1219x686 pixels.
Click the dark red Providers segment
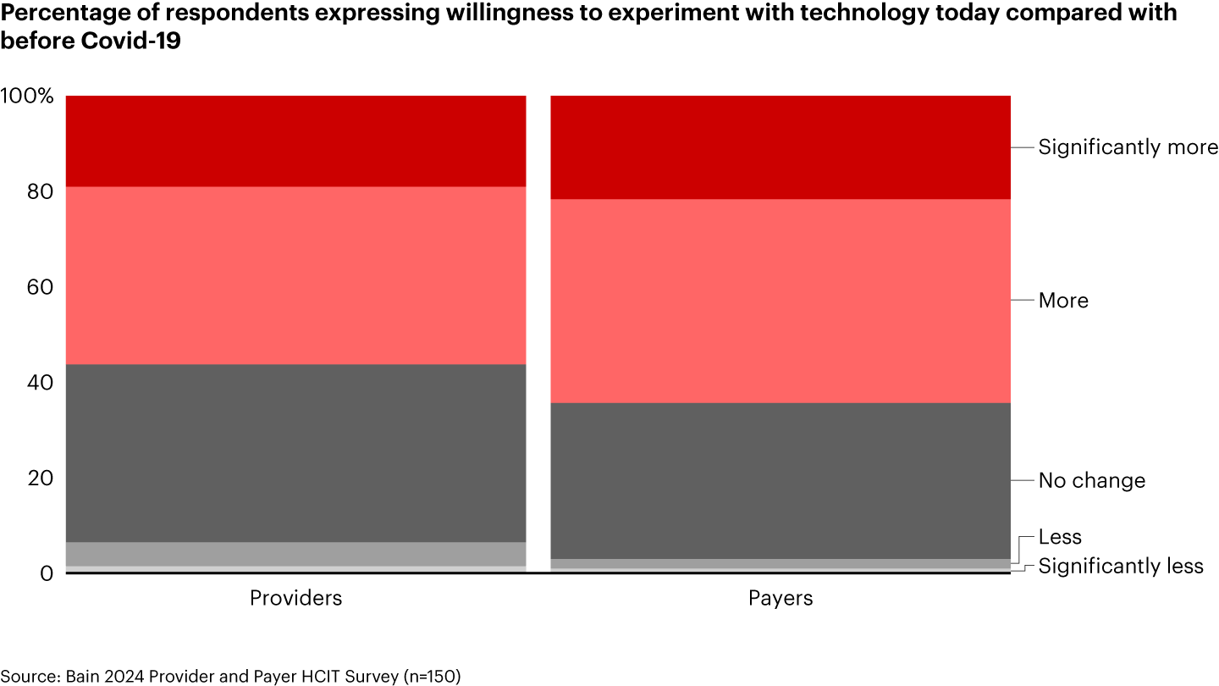click(x=295, y=141)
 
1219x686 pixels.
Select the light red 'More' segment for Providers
click(x=295, y=275)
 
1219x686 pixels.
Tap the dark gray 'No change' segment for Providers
click(x=295, y=453)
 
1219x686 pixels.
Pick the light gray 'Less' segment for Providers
click(x=295, y=554)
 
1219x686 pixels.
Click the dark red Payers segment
click(x=780, y=147)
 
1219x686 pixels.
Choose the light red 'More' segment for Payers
click(x=780, y=301)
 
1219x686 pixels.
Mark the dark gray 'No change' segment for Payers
click(x=780, y=480)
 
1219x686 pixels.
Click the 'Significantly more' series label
click(x=1128, y=147)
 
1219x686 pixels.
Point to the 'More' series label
click(x=1063, y=301)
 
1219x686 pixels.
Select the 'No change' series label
click(x=1091, y=481)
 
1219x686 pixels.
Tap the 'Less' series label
click(x=1060, y=537)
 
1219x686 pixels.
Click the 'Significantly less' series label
click(x=1120, y=566)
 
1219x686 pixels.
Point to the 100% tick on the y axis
click(x=28, y=96)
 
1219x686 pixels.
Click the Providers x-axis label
click(x=295, y=598)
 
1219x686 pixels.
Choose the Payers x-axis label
click(x=780, y=598)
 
